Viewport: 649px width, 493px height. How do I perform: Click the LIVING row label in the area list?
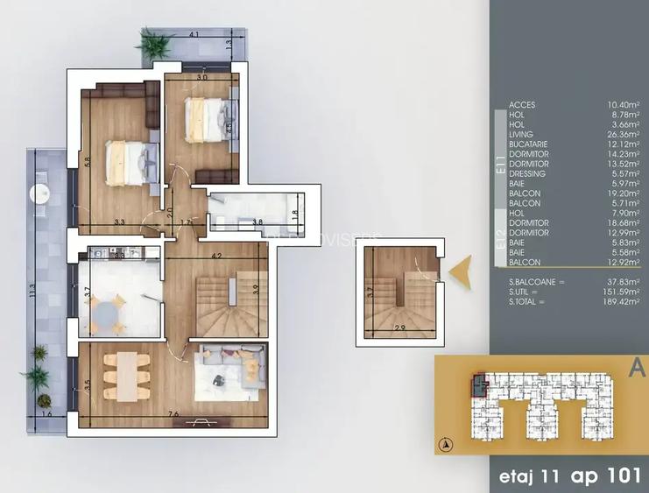click(x=521, y=134)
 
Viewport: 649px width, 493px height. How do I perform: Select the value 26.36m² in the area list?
click(x=621, y=134)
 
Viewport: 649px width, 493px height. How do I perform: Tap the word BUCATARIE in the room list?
click(x=528, y=144)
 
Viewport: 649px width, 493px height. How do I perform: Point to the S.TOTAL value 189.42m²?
click(x=618, y=302)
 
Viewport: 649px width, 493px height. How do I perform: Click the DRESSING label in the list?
click(x=527, y=173)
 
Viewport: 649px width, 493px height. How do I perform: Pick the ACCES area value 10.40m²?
click(x=621, y=105)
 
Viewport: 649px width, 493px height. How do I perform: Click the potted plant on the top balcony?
click(x=154, y=42)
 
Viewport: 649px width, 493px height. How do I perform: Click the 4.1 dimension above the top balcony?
click(x=194, y=35)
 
